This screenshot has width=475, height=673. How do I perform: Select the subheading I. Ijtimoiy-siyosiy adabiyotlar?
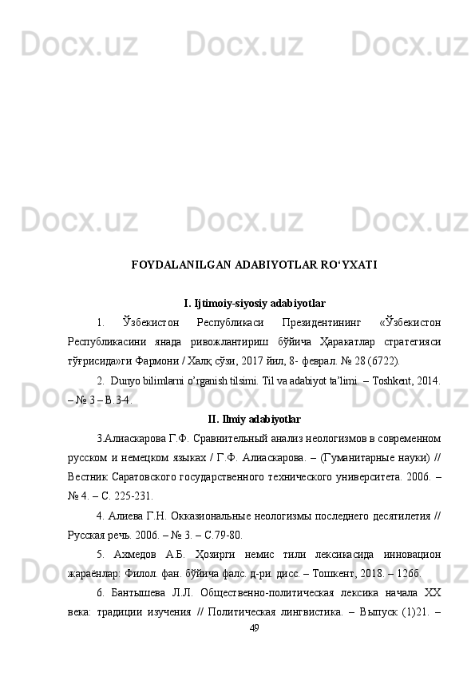click(x=254, y=303)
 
